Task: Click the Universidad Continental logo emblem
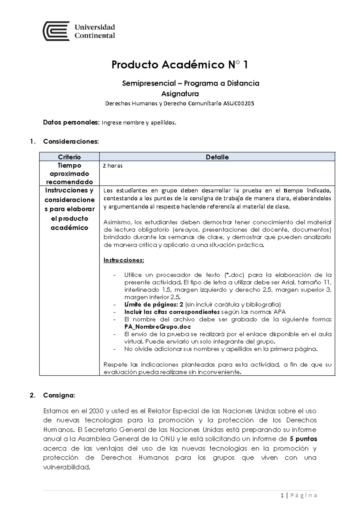(x=56, y=31)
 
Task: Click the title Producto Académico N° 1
(x=180, y=65)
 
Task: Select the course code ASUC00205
(x=238, y=104)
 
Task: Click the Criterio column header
(x=69, y=157)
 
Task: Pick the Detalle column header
(x=217, y=157)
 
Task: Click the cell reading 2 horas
(x=112, y=166)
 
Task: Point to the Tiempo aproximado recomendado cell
(x=69, y=173)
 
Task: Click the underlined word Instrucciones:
(x=124, y=260)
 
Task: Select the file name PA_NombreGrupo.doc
(x=157, y=327)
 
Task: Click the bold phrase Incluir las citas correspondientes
(x=172, y=312)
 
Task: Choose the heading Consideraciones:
(x=71, y=141)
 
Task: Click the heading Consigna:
(x=59, y=395)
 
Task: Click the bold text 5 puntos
(x=303, y=439)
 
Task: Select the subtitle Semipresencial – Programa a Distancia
(x=190, y=83)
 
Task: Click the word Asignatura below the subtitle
(x=180, y=94)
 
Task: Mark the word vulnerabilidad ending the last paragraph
(x=66, y=467)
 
